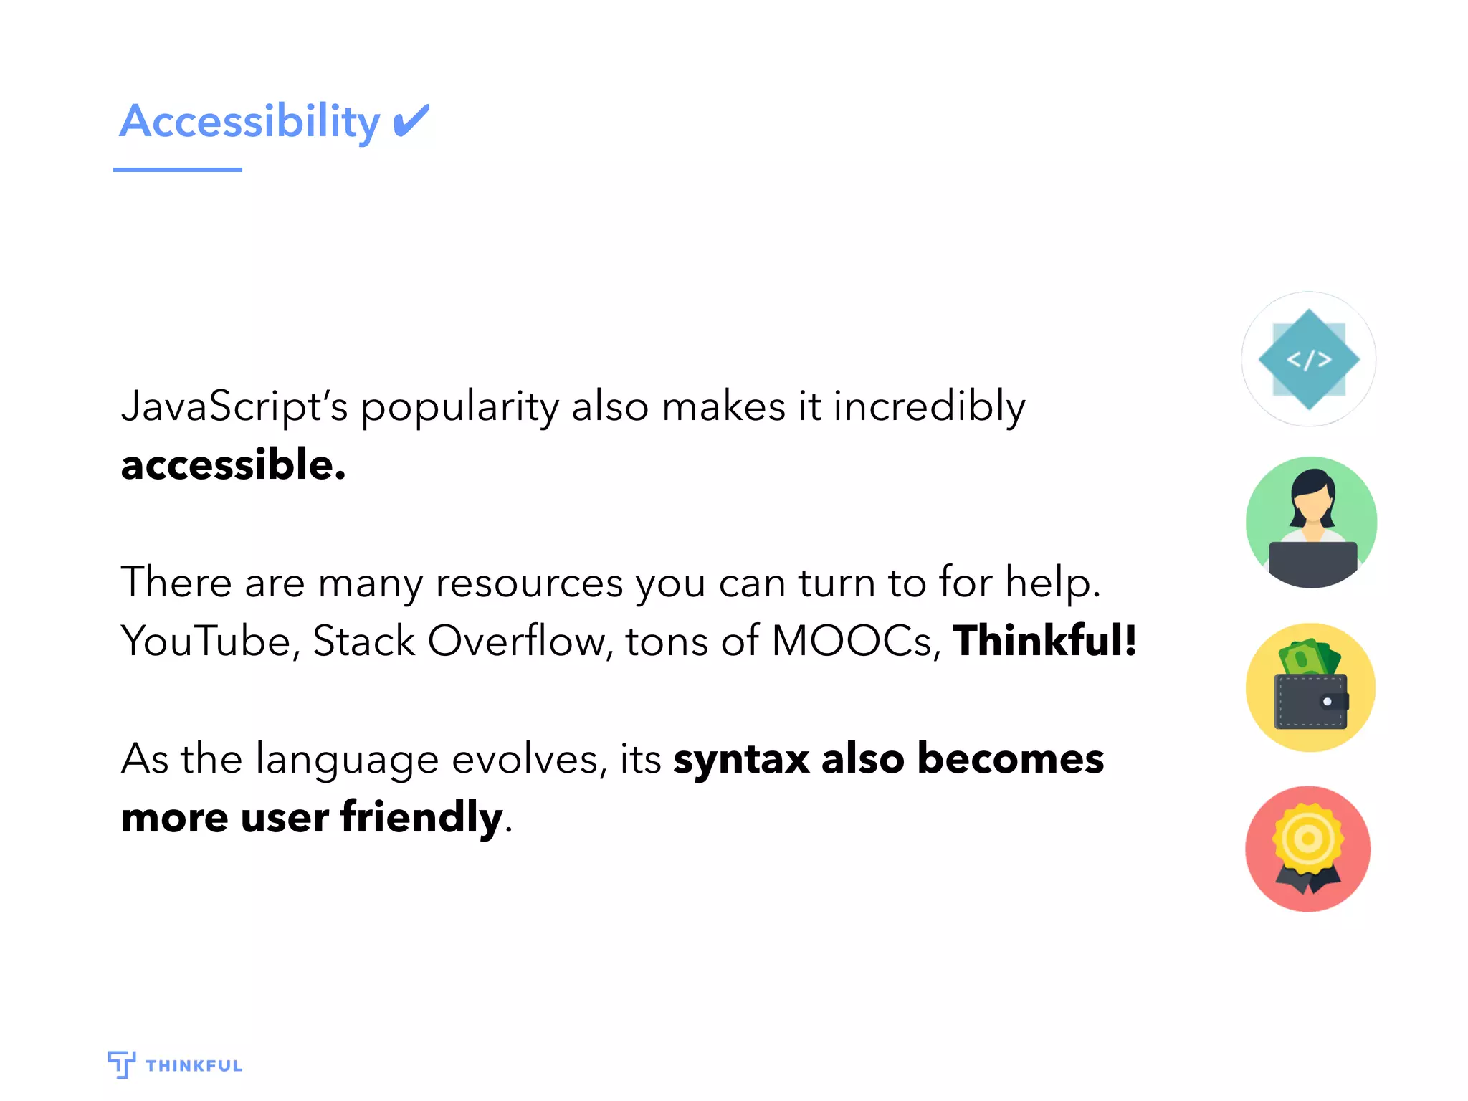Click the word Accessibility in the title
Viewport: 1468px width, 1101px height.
(x=249, y=122)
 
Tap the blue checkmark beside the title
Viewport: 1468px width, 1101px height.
(x=411, y=120)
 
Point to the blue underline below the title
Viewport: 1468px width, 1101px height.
(x=178, y=170)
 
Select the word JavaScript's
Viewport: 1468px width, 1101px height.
(x=234, y=407)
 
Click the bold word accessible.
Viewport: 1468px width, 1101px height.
(x=233, y=464)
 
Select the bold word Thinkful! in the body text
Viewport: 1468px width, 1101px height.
(x=1044, y=640)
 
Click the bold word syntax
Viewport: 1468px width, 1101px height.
(x=741, y=760)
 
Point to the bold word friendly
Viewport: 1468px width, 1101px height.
(x=421, y=817)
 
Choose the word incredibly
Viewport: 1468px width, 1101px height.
(x=929, y=407)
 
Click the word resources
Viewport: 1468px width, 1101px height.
(x=529, y=582)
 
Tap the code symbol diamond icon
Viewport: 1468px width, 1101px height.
(x=1309, y=359)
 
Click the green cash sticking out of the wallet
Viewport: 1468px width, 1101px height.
(x=1309, y=656)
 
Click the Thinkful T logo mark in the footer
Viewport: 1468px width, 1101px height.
(x=121, y=1064)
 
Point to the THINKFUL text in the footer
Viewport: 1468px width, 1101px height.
(x=194, y=1066)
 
